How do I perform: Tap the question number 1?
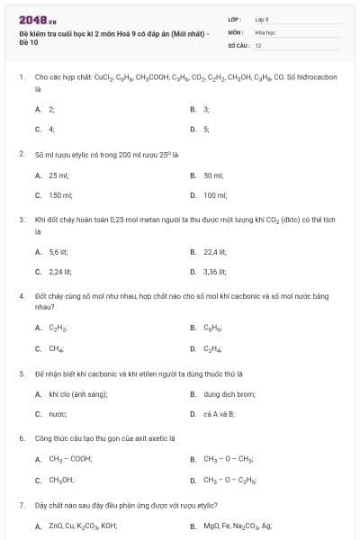[21, 77]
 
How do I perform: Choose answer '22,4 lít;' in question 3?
[214, 251]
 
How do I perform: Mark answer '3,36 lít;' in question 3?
[214, 271]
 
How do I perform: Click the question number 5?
[21, 373]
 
